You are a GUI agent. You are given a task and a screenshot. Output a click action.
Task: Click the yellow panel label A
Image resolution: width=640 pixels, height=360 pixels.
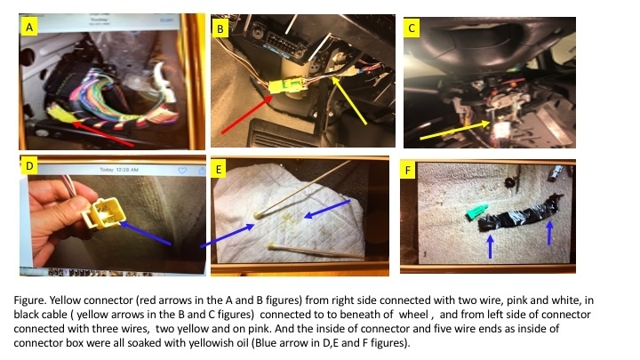[x=29, y=28]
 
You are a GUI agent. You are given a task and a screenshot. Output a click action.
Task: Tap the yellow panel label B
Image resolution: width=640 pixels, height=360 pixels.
[x=220, y=29]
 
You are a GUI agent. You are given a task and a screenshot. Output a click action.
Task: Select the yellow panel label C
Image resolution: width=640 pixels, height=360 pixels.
[x=412, y=28]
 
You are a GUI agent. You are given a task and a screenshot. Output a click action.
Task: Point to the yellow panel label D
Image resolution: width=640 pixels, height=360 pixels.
[x=29, y=166]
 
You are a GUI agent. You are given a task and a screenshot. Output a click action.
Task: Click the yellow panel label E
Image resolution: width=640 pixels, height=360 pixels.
[x=219, y=169]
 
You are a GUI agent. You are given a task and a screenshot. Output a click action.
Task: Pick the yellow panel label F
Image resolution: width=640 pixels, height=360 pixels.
[x=407, y=170]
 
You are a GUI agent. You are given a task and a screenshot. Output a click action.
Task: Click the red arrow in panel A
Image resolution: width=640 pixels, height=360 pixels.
[x=102, y=132]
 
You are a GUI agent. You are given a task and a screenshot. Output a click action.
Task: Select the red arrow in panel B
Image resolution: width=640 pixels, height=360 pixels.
[x=247, y=114]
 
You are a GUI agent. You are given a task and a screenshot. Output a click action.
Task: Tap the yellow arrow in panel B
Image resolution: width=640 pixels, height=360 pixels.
[x=348, y=100]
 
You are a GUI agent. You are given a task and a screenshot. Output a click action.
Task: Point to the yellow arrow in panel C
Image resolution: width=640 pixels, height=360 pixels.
[x=455, y=130]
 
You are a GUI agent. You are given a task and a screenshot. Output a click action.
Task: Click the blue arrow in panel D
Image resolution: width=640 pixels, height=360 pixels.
[x=145, y=233]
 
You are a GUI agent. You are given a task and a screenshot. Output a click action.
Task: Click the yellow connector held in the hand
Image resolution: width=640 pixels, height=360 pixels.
[x=103, y=213]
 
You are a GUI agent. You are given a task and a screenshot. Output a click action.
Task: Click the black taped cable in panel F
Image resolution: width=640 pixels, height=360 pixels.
[x=519, y=214]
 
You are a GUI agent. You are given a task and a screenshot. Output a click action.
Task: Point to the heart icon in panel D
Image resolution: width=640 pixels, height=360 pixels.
[x=182, y=170]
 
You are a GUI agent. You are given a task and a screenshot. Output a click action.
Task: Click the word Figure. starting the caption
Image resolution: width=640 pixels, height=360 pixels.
[x=30, y=300]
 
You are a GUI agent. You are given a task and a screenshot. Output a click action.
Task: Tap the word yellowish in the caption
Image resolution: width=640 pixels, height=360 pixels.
[x=209, y=342]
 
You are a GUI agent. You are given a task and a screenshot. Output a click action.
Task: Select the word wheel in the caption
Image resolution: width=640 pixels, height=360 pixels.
[x=413, y=315]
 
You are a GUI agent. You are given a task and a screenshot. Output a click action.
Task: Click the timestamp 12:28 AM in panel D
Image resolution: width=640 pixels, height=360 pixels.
[x=128, y=170]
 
